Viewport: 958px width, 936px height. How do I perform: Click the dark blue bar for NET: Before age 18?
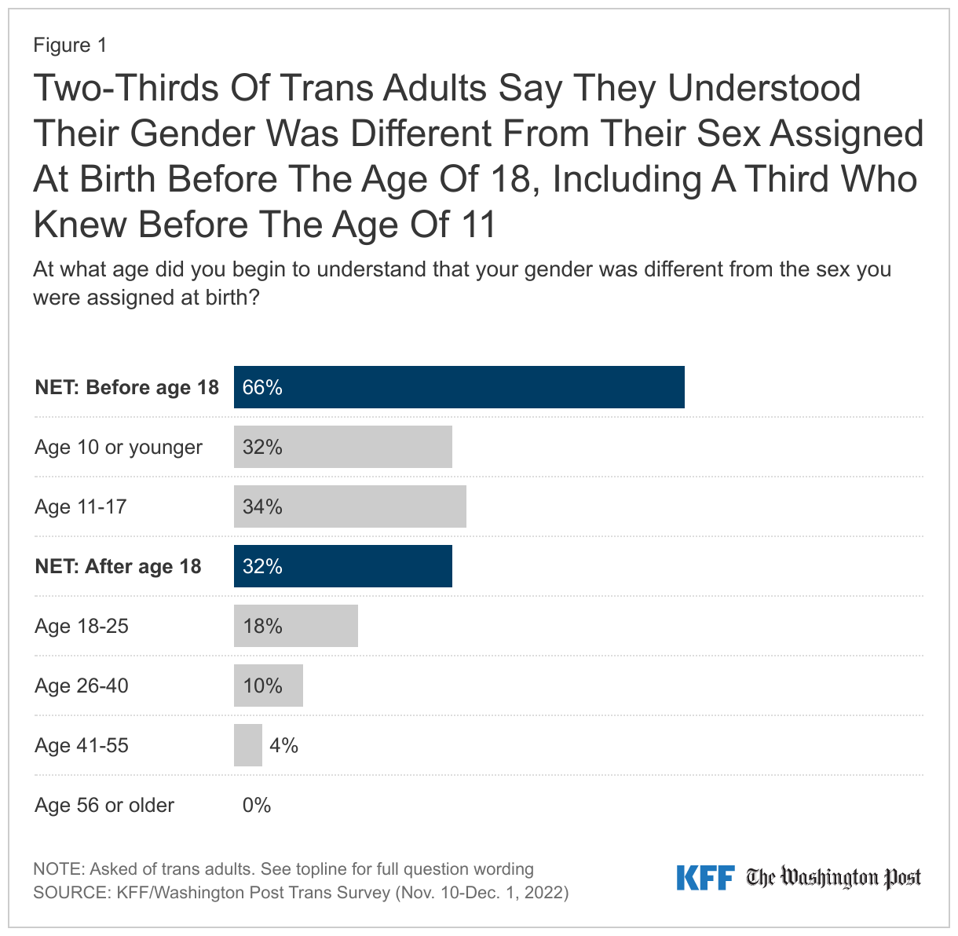click(x=459, y=387)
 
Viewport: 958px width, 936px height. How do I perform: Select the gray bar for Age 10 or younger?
click(x=343, y=447)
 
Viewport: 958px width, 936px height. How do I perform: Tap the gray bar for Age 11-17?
click(x=350, y=506)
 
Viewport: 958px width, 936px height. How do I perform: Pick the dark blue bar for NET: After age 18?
click(x=343, y=566)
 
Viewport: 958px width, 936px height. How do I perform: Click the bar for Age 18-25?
click(x=296, y=626)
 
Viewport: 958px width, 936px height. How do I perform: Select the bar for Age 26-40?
click(x=269, y=686)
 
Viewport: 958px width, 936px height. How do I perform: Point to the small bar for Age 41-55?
click(x=248, y=745)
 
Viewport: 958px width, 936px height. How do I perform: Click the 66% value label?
click(x=262, y=387)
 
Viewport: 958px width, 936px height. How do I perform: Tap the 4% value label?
click(x=283, y=745)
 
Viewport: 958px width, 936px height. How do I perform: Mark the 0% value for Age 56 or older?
click(x=257, y=805)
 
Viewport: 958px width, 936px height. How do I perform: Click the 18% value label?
click(x=262, y=626)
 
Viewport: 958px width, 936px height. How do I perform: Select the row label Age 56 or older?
click(x=104, y=805)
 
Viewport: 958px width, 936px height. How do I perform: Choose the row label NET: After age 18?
click(x=118, y=566)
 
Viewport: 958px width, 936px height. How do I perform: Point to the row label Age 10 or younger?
click(x=119, y=447)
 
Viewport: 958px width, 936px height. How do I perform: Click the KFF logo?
click(x=705, y=878)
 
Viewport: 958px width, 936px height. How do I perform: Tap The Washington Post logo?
click(x=833, y=878)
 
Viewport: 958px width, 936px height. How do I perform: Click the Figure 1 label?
click(x=70, y=46)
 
